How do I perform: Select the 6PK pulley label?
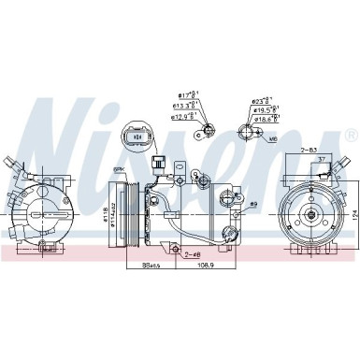pyautogui.click(x=120, y=169)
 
